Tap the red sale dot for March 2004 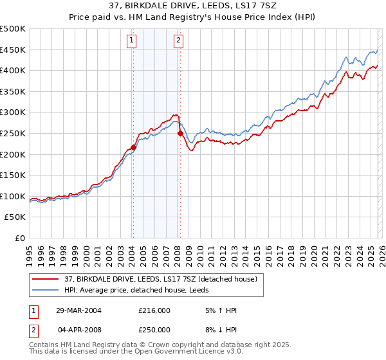(x=134, y=147)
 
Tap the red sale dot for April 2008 (x=180, y=133)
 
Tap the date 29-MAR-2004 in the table (x=75, y=310)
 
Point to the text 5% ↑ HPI (x=220, y=310)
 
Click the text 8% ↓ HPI (x=220, y=329)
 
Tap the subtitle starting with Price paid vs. (x=193, y=19)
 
